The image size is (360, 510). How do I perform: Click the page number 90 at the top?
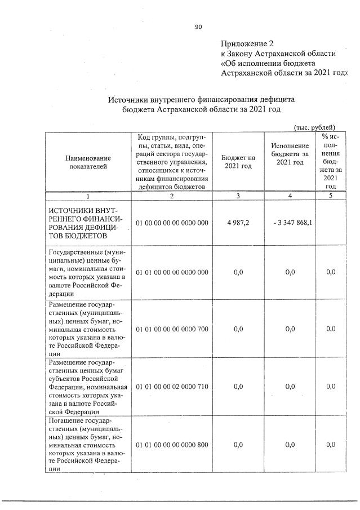click(198, 26)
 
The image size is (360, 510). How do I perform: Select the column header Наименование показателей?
click(88, 162)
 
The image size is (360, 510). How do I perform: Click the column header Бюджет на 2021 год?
click(238, 162)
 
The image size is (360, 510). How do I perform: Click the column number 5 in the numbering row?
click(331, 196)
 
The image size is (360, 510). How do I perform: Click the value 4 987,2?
click(238, 223)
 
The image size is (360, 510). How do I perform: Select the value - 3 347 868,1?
click(292, 223)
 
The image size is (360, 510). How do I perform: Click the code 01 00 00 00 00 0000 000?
click(172, 223)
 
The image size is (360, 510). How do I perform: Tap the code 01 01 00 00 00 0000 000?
click(172, 272)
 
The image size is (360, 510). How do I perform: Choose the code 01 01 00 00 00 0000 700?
click(172, 328)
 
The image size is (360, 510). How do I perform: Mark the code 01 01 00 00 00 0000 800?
click(172, 445)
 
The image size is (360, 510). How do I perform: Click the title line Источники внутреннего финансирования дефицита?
click(201, 99)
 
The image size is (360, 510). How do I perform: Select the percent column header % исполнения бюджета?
click(331, 161)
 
